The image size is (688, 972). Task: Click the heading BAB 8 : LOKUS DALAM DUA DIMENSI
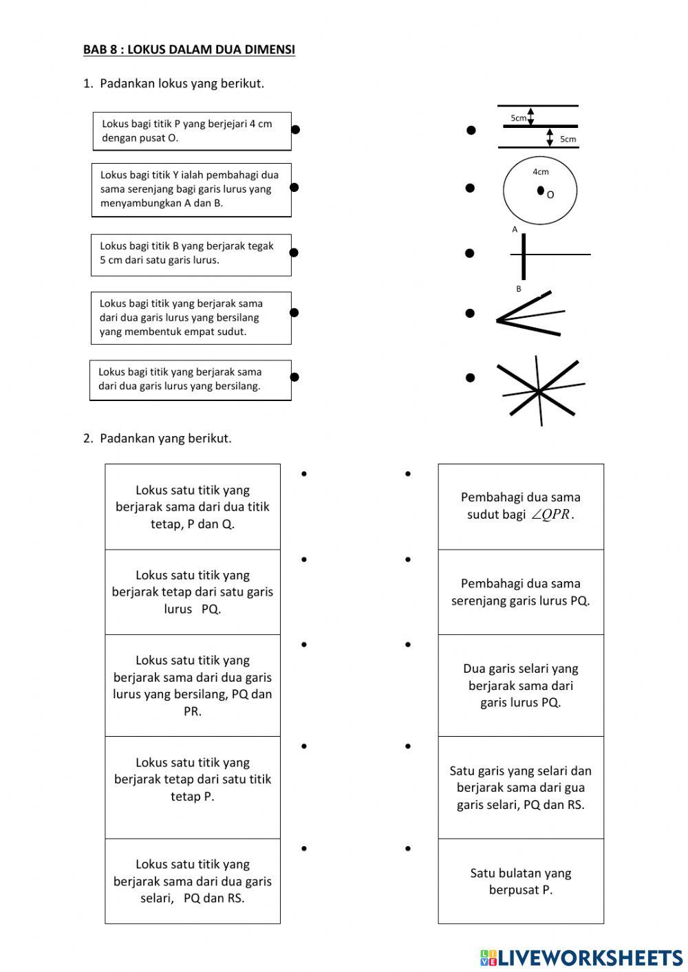tap(189, 50)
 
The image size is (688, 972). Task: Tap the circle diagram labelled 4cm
tap(540, 191)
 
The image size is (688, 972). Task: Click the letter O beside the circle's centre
tap(550, 195)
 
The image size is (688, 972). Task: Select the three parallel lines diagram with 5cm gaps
tap(538, 127)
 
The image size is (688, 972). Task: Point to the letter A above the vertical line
tap(515, 230)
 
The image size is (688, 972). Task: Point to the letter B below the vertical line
tap(519, 289)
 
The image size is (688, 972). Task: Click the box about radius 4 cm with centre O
tap(192, 131)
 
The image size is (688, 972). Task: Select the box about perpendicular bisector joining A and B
tap(191, 189)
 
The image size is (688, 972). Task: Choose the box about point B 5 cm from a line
tap(191, 254)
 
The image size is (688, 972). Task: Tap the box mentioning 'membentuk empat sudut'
tap(191, 318)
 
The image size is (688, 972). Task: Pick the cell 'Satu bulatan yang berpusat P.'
tap(521, 881)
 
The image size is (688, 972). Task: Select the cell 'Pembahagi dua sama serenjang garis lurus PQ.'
tap(521, 592)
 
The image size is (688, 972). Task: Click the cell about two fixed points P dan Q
tap(193, 507)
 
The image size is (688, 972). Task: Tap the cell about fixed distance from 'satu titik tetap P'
tap(193, 779)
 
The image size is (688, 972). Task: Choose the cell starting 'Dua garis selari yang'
tap(521, 685)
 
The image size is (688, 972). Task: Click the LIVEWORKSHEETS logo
tap(581, 958)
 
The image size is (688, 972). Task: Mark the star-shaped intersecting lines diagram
tap(540, 391)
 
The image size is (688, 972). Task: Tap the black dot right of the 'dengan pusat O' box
tap(295, 129)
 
